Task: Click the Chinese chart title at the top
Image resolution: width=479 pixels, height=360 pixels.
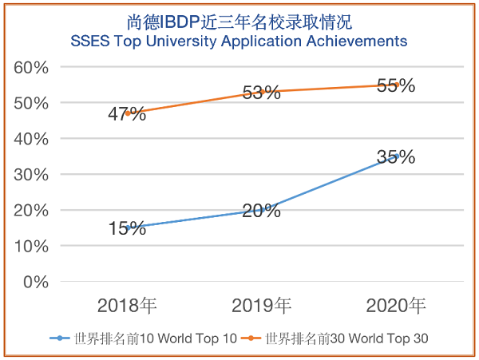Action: [x=239, y=22]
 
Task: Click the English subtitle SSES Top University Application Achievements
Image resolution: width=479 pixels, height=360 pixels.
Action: [x=239, y=41]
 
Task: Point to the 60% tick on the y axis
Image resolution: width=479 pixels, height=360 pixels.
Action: [x=32, y=67]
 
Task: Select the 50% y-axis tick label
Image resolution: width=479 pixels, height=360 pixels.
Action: [x=32, y=103]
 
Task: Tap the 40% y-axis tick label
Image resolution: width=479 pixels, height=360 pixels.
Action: [x=32, y=139]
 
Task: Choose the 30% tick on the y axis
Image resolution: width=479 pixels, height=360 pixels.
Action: [x=32, y=175]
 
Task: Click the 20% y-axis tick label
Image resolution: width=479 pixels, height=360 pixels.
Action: [x=32, y=211]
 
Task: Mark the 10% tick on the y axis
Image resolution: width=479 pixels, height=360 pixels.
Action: [x=32, y=246]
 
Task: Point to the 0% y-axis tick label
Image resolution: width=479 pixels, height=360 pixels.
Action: [x=37, y=282]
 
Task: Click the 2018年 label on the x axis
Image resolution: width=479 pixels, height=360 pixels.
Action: [x=127, y=306]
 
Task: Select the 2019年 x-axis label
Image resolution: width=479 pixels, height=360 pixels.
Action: [x=261, y=306]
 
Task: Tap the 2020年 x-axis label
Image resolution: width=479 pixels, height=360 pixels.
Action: [x=396, y=306]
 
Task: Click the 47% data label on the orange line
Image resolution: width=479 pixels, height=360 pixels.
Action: [x=127, y=114]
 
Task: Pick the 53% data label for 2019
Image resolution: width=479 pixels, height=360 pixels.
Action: [x=261, y=93]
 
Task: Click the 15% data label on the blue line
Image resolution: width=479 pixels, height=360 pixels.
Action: [x=127, y=229]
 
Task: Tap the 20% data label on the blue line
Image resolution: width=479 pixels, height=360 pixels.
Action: [x=261, y=211]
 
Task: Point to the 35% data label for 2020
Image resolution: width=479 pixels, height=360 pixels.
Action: [x=396, y=157]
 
